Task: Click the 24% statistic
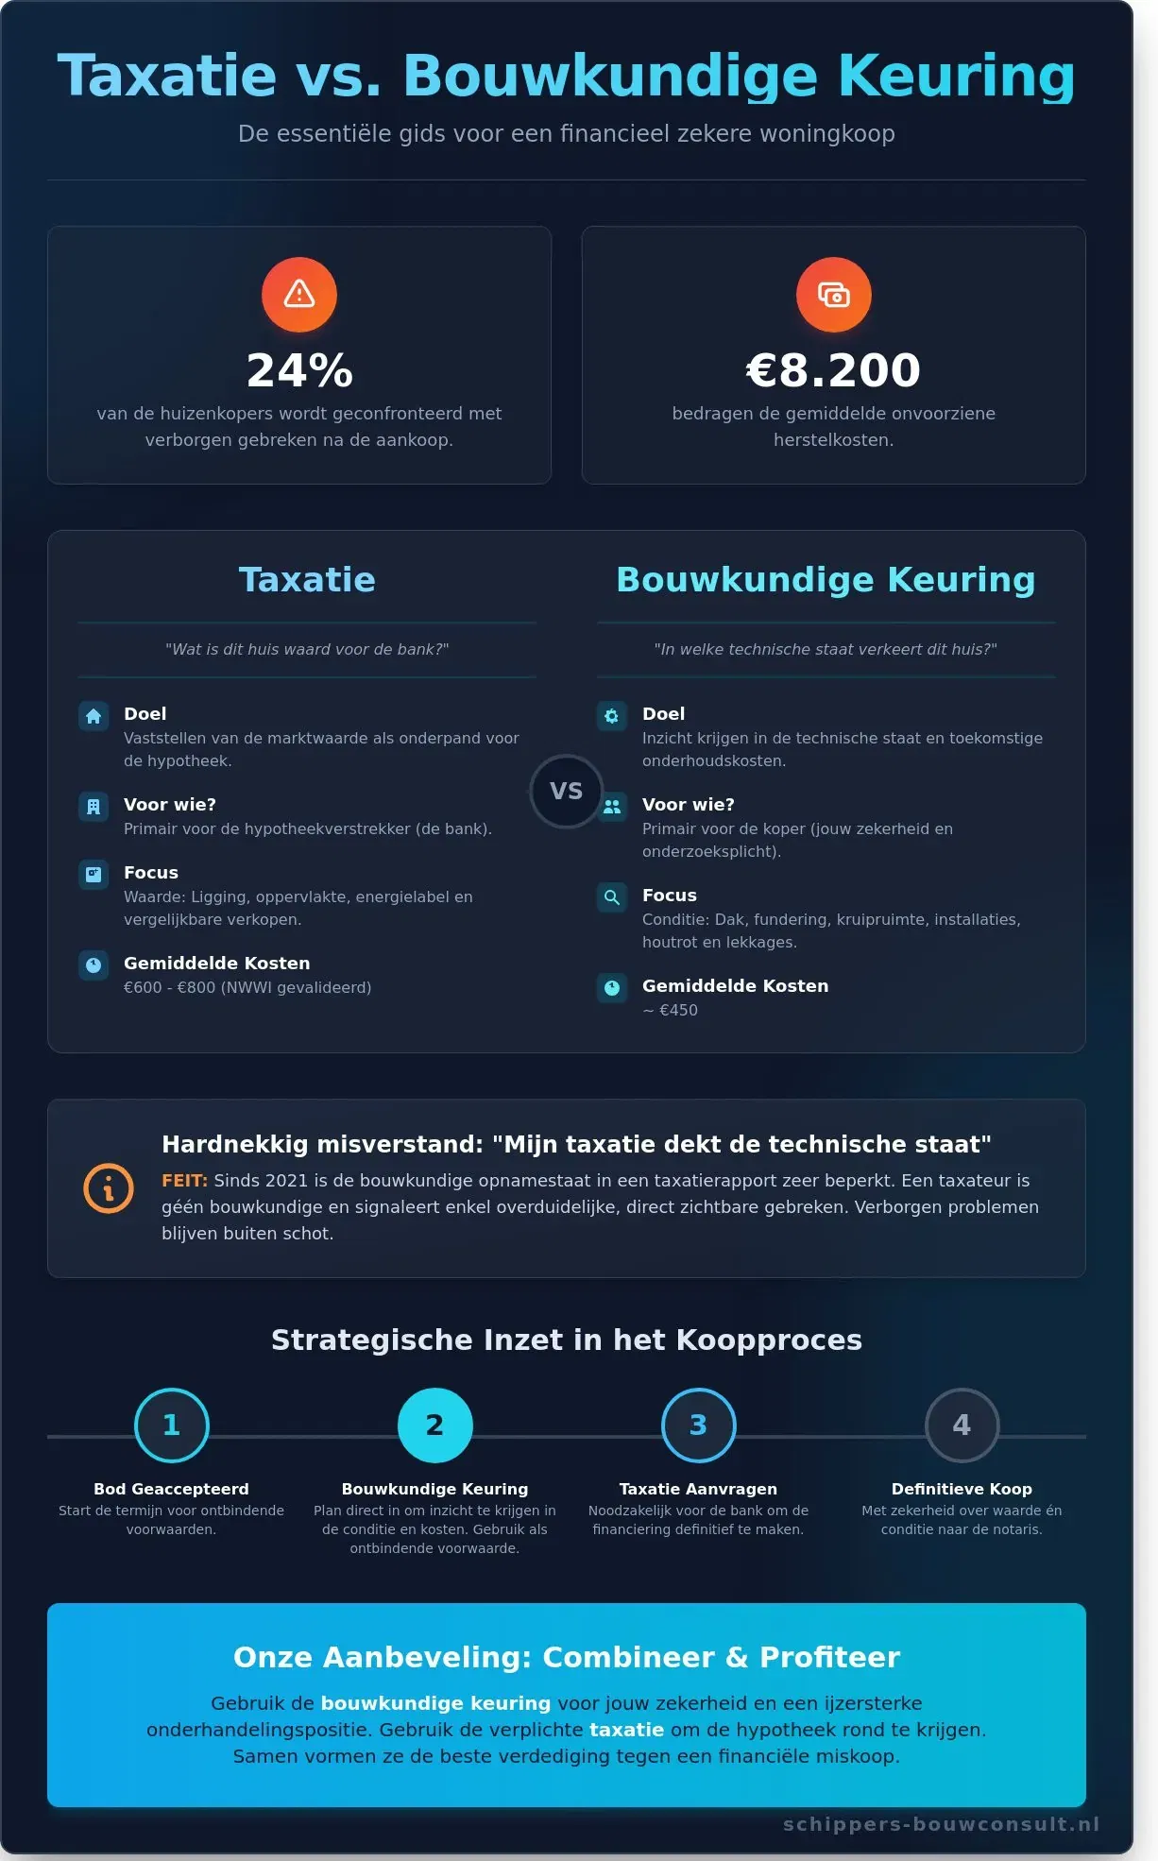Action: [x=299, y=370]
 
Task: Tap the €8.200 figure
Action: [x=833, y=370]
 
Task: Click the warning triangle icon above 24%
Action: [x=299, y=295]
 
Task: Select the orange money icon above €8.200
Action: [x=833, y=295]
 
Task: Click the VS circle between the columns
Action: [x=566, y=791]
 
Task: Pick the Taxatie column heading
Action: [x=307, y=580]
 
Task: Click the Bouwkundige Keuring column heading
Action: [x=826, y=580]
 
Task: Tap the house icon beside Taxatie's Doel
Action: [x=94, y=716]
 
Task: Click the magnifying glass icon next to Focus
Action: [x=612, y=897]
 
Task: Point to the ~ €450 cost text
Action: [x=670, y=1010]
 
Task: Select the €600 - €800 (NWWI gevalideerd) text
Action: [x=247, y=987]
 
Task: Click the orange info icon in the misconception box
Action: [x=109, y=1187]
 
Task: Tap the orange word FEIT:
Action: [x=184, y=1180]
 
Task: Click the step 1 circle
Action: [x=172, y=1425]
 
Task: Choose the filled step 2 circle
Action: [x=434, y=1425]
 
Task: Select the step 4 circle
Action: [x=962, y=1425]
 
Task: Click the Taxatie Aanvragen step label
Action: [x=698, y=1489]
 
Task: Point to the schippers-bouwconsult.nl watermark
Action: [x=941, y=1824]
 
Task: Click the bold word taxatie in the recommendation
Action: [x=626, y=1730]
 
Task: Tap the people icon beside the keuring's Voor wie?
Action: [x=612, y=807]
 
